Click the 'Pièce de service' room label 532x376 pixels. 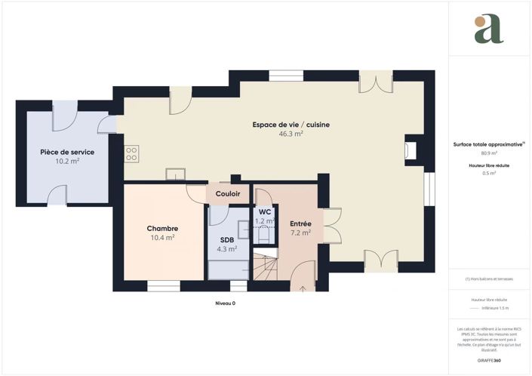click(67, 152)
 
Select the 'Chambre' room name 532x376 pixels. click(162, 228)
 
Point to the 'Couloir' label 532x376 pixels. click(228, 194)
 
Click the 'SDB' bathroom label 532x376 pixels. click(227, 239)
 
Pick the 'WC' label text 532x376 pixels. click(264, 212)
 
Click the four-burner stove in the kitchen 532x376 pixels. click(131, 153)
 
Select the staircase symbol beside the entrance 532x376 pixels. click(265, 269)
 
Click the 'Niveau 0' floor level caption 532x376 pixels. click(225, 303)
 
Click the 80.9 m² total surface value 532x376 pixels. click(489, 153)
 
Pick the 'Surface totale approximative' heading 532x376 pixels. click(487, 143)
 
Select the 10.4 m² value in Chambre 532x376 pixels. click(162, 237)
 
